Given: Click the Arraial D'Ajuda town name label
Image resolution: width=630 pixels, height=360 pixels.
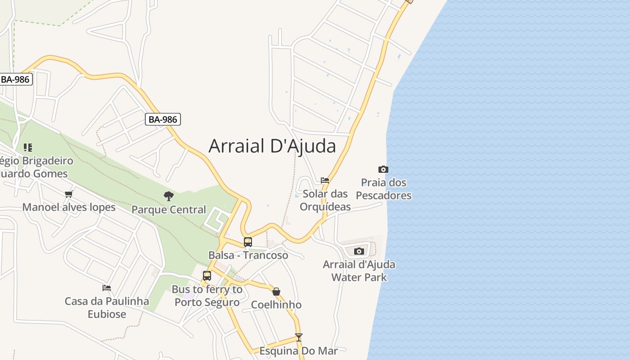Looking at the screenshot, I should [272, 146].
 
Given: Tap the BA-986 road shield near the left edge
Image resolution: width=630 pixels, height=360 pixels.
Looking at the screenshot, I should [16, 80].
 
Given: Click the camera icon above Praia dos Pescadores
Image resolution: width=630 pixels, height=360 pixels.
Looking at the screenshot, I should [383, 170].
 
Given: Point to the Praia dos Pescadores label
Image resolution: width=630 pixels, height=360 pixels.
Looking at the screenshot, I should [383, 189].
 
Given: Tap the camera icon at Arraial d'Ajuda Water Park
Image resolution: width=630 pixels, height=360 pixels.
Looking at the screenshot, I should [359, 251].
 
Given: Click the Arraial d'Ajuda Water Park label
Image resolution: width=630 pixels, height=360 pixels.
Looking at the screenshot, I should [359, 270].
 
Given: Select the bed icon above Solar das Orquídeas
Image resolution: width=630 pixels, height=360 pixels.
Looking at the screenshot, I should [325, 180].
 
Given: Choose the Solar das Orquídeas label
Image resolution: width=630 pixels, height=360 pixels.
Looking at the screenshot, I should [325, 200].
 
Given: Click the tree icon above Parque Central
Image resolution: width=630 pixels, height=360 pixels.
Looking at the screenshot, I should [169, 196].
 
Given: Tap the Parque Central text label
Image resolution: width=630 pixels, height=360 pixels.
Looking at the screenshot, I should [169, 210].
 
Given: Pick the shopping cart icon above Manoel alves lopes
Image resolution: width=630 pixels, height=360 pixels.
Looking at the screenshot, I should [68, 194].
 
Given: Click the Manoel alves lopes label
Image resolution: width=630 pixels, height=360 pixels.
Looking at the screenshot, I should [69, 207].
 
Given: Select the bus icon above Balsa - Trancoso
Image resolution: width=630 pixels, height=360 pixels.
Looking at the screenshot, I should [248, 242].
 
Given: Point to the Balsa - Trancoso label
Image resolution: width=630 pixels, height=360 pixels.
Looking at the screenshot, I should [248, 255].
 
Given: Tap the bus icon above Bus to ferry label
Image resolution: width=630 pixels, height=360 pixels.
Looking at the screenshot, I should [207, 276].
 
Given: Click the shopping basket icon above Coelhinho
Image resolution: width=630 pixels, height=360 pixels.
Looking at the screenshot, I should [276, 292].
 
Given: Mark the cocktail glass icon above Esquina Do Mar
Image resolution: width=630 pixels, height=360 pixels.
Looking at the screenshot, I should [298, 337].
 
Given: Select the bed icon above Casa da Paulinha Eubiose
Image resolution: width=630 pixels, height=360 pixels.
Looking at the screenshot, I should [107, 288].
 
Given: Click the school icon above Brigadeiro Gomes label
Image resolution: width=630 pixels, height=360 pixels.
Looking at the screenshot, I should [28, 147].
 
